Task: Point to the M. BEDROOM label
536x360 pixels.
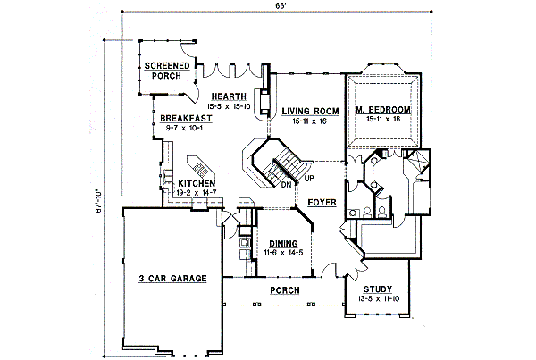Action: (382, 110)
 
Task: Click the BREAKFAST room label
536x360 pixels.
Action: (187, 119)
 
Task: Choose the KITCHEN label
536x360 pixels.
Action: (196, 183)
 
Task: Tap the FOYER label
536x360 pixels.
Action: (322, 203)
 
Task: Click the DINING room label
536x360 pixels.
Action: (283, 243)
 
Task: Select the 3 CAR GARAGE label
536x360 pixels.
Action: (172, 279)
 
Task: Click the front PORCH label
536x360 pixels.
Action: (285, 290)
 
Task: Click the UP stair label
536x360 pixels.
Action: (309, 178)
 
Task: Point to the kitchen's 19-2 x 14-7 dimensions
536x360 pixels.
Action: (196, 192)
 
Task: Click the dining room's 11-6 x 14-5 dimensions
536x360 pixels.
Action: (283, 252)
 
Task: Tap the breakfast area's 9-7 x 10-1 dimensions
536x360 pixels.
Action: (186, 128)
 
